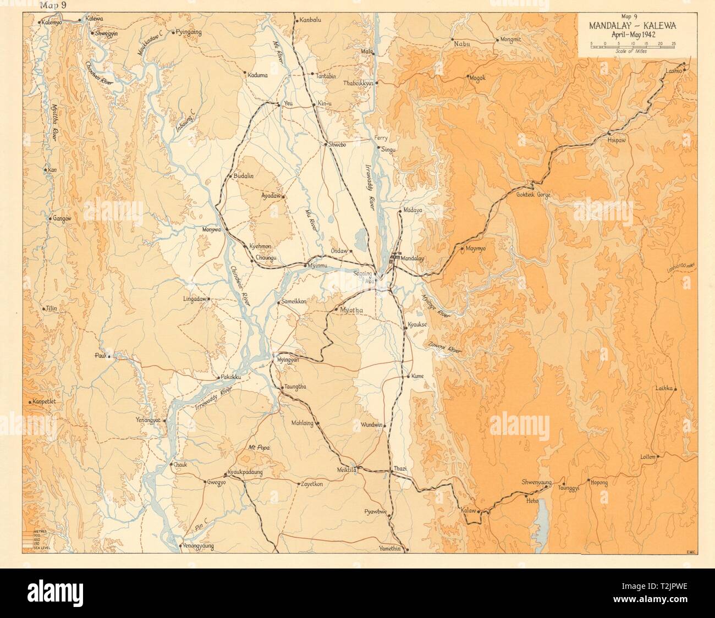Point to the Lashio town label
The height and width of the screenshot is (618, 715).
click(x=673, y=72)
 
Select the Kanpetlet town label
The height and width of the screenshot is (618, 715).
click(x=45, y=401)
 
